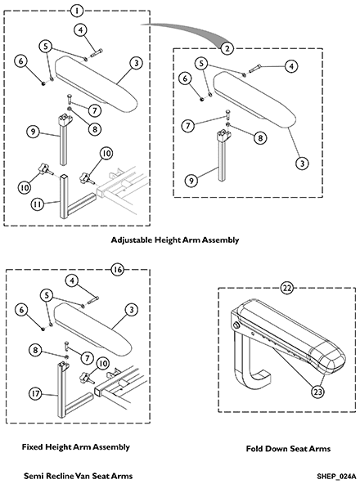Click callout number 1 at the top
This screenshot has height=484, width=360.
(77, 11)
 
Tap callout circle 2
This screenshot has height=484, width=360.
(227, 48)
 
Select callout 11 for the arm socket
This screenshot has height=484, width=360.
(38, 204)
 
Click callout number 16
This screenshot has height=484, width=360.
(118, 270)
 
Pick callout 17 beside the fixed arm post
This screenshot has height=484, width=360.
(35, 394)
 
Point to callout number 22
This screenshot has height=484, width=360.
(287, 288)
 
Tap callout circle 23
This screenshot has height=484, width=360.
(317, 392)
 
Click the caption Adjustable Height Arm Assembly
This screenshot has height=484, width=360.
(175, 240)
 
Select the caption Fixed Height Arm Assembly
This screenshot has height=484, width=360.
(76, 446)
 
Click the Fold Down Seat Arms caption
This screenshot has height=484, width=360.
(288, 449)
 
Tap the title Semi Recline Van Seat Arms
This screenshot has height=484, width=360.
(79, 476)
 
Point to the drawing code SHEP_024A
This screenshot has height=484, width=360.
(336, 476)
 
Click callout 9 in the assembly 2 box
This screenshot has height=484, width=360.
(191, 180)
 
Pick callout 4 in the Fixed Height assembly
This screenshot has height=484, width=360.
(72, 280)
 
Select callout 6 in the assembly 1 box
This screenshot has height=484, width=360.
(20, 61)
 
